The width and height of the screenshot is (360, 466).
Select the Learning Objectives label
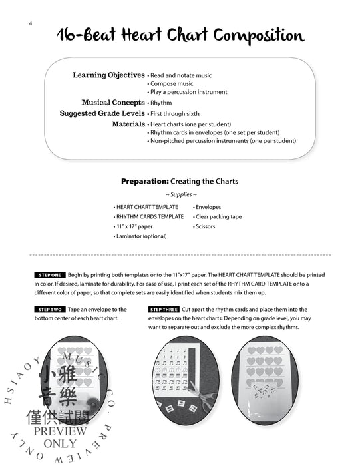point(108,75)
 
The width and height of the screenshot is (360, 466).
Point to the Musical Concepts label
point(113,103)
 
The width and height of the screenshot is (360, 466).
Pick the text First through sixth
point(176,114)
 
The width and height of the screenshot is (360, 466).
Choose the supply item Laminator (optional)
point(140,236)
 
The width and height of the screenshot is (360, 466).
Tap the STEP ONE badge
point(49,274)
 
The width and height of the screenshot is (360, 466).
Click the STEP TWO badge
point(49,310)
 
